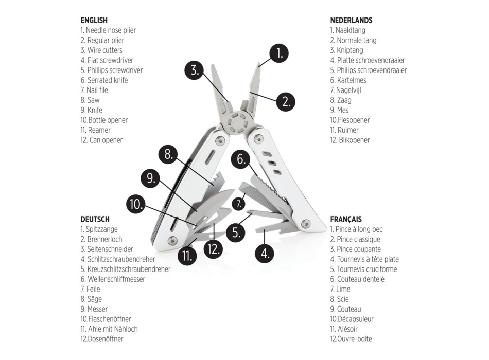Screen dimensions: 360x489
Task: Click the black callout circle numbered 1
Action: tap(278, 53)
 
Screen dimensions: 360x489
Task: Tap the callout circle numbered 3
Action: tap(194, 70)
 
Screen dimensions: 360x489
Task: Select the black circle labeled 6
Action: tap(240, 159)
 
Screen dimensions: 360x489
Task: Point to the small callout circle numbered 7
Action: tap(238, 204)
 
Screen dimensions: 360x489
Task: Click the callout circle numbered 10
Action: tap(135, 204)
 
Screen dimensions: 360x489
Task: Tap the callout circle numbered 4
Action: tap(265, 253)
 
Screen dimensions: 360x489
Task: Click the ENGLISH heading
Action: tap(94, 21)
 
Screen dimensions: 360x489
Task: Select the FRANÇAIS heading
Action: tap(345, 219)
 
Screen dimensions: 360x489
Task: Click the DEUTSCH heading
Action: tap(95, 219)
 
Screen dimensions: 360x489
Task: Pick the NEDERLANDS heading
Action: tap(351, 21)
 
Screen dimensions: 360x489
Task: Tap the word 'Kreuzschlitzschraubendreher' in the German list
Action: tap(125, 269)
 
